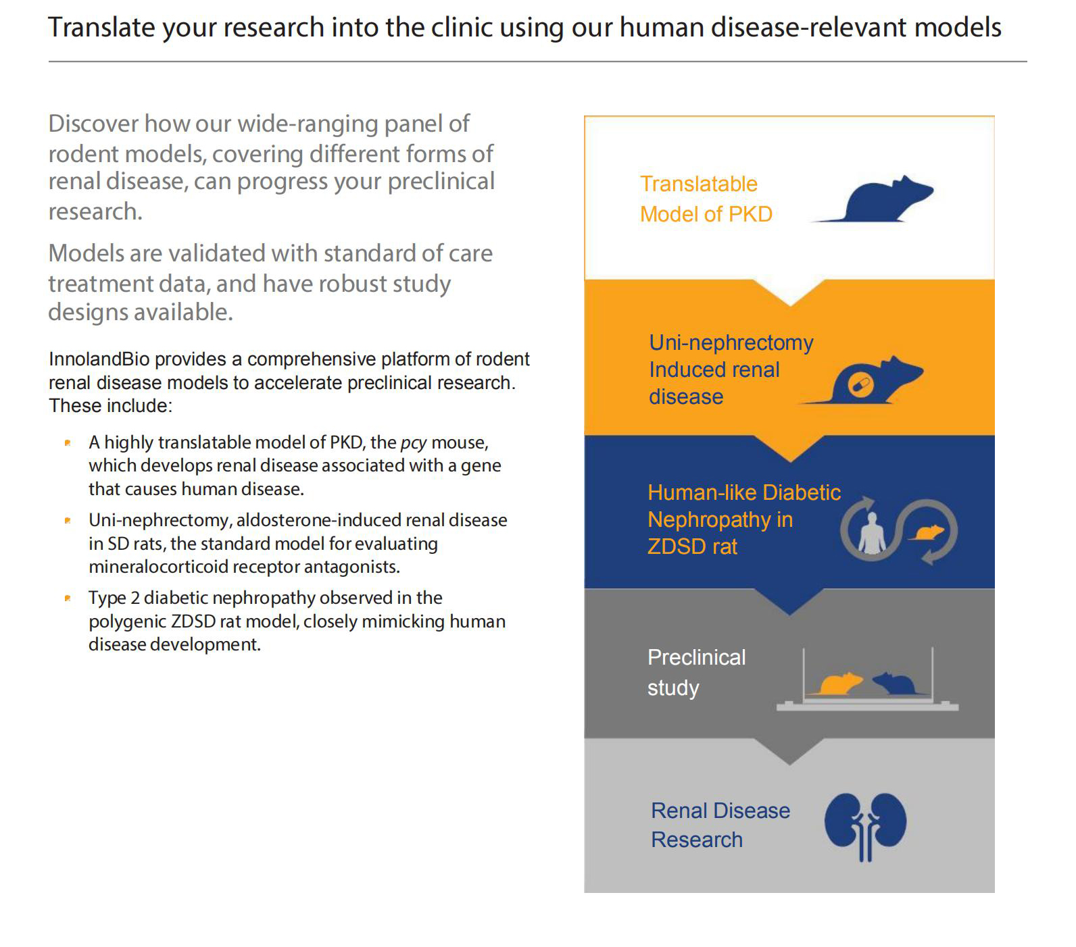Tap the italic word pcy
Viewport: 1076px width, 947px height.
pyautogui.click(x=414, y=443)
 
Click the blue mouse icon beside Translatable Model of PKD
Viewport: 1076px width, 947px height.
pyautogui.click(x=873, y=199)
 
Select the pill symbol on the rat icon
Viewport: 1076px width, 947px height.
pyautogui.click(x=860, y=385)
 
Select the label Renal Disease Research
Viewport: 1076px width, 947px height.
pyautogui.click(x=720, y=825)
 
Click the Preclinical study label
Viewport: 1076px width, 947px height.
pyautogui.click(x=696, y=672)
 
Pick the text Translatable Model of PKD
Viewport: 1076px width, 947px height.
pyautogui.click(x=706, y=199)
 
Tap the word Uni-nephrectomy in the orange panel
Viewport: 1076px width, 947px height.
pyautogui.click(x=731, y=342)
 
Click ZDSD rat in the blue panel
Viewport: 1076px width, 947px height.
pyautogui.click(x=692, y=546)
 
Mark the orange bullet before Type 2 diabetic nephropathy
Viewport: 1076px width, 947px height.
pyautogui.click(x=68, y=598)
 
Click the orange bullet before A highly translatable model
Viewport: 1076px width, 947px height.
pyautogui.click(x=68, y=442)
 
